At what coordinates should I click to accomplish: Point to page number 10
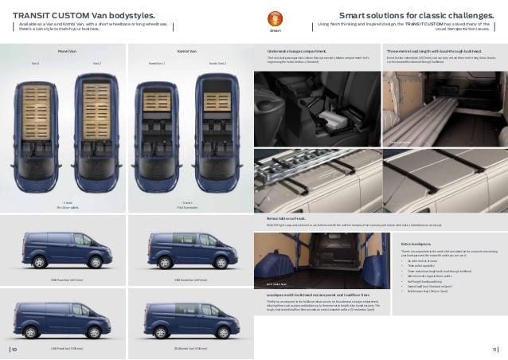pos(15,348)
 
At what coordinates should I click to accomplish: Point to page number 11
pos(494,348)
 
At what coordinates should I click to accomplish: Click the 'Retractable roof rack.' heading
pos(284,194)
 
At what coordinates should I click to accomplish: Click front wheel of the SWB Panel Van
pos(96,262)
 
